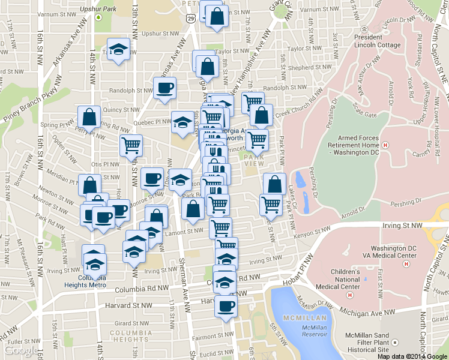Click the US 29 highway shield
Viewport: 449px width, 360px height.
tap(190, 20)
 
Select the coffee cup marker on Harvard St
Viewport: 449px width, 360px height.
tap(226, 306)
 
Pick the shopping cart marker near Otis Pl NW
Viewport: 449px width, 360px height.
tap(131, 145)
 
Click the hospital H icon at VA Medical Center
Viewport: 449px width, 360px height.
tap(406, 263)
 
